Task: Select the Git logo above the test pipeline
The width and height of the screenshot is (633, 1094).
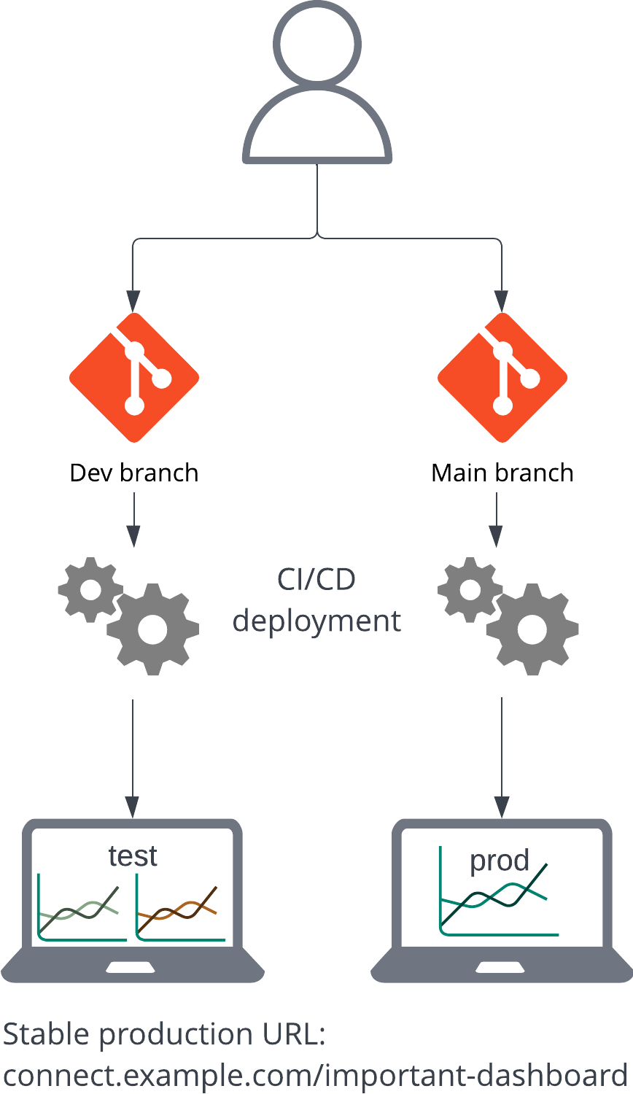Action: coord(134,378)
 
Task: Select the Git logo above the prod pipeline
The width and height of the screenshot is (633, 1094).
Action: coord(502,378)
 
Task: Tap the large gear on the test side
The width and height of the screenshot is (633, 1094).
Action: coord(153,629)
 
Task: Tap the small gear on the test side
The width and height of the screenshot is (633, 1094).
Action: coord(90,589)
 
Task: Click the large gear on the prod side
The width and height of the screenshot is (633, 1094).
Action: coord(532,629)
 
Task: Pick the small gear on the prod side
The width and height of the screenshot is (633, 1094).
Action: coord(470,589)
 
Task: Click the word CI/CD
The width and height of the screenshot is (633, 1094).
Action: coord(316,580)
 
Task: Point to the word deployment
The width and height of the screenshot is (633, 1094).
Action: coord(316,621)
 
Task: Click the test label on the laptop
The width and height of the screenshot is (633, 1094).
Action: coord(133,856)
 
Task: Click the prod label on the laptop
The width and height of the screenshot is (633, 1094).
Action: coord(500,861)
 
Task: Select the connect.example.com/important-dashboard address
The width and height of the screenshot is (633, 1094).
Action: coord(315,1075)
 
